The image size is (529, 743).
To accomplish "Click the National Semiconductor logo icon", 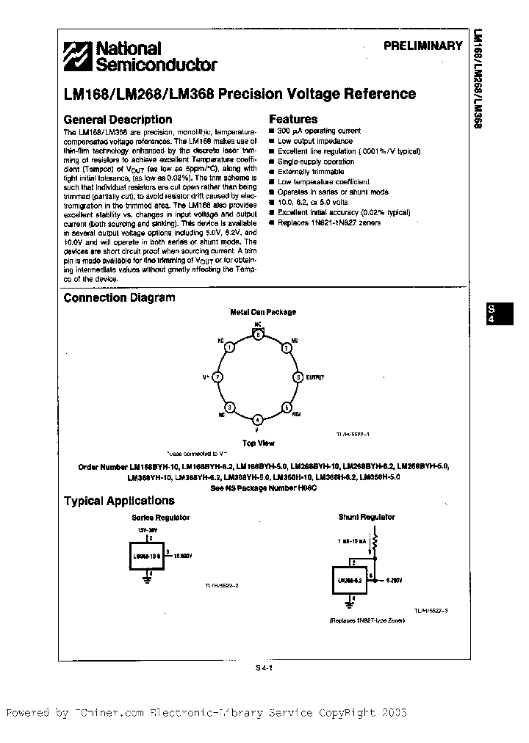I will pyautogui.click(x=76, y=57).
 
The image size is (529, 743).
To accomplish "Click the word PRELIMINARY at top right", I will pyautogui.click(x=422, y=46).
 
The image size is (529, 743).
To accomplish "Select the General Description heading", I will pyautogui.click(x=118, y=120).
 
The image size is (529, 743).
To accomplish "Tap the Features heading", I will pyautogui.click(x=293, y=119).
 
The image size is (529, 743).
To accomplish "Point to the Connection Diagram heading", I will pyautogui.click(x=119, y=297).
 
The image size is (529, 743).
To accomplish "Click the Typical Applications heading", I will pyautogui.click(x=119, y=501).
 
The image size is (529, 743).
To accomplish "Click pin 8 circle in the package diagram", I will pyautogui.click(x=257, y=334).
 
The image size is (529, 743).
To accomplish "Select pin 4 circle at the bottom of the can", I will pyautogui.click(x=257, y=420).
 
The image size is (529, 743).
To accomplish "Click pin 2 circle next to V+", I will pyautogui.click(x=217, y=377).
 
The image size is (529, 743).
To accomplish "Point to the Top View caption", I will pyautogui.click(x=259, y=443).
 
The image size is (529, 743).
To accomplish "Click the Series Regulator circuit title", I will pyautogui.click(x=159, y=517).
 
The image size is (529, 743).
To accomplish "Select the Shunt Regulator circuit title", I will pyautogui.click(x=366, y=517).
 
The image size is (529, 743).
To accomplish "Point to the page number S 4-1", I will pyautogui.click(x=264, y=668).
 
